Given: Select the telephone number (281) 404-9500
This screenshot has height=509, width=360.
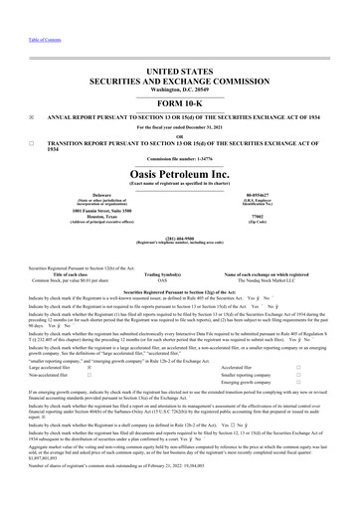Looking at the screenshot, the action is click(x=180, y=238).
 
